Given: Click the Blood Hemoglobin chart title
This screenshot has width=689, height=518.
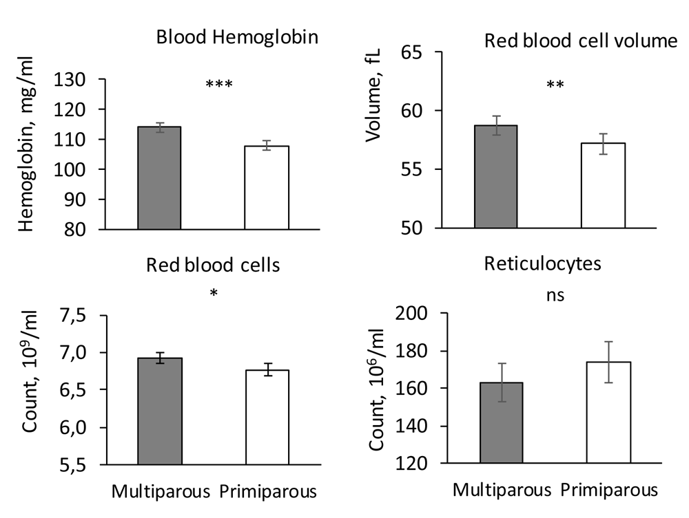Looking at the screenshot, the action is [237, 37].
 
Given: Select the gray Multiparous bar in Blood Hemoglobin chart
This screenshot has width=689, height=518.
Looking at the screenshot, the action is [160, 178].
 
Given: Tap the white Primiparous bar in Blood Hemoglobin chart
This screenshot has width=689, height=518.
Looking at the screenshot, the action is [267, 188].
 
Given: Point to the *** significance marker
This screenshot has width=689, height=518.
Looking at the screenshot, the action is [219, 83].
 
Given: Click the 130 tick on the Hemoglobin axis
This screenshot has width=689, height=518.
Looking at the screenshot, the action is [70, 80].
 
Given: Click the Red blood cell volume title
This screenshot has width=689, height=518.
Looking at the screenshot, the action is [581, 41].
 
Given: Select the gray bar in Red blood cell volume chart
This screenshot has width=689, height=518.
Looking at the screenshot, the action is [495, 177].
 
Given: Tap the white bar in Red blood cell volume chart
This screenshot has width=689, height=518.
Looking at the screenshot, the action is [603, 186].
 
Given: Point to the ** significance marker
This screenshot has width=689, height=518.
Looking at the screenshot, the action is [555, 84].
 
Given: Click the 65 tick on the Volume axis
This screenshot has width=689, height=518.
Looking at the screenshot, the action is [411, 52].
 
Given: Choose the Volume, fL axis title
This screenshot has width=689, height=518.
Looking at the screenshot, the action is [373, 96].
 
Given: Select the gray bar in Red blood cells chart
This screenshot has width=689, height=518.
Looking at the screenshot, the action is [160, 411].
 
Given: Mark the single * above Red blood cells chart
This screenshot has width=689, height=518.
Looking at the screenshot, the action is [214, 292].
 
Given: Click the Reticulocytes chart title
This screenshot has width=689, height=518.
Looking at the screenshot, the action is [543, 263].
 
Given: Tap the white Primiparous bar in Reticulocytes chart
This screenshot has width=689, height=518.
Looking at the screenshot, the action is [608, 412].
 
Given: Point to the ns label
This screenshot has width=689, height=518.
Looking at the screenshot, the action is [555, 295].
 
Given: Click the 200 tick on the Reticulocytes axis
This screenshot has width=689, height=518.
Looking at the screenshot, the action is [411, 314].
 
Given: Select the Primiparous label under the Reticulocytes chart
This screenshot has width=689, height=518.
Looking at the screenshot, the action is [609, 490].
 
